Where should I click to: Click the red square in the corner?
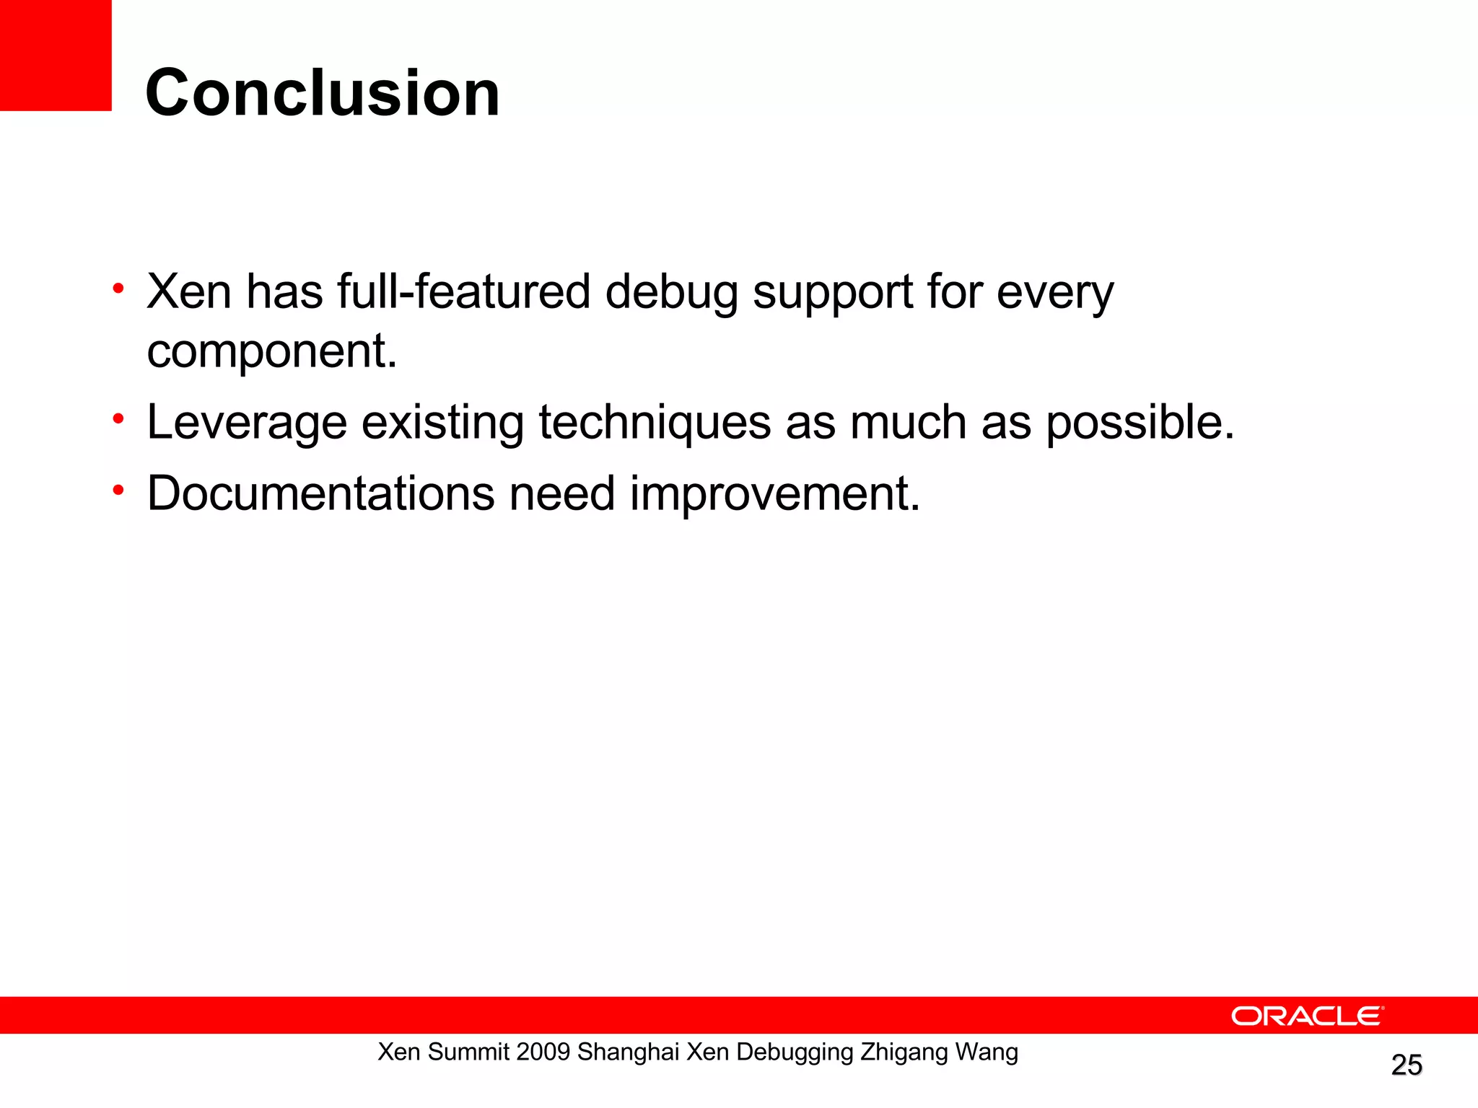[56, 55]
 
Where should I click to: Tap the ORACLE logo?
[1307, 1016]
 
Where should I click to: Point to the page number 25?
[1406, 1065]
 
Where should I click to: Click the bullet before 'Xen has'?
[118, 289]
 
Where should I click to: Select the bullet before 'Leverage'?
[118, 419]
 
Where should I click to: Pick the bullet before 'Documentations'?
[118, 491]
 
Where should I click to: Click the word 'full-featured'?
[463, 291]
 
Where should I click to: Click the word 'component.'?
[272, 351]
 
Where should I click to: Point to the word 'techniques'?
[655, 423]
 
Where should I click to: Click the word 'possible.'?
[1140, 423]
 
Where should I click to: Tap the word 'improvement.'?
[775, 495]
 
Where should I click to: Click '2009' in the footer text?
[543, 1052]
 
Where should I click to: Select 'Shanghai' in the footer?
[628, 1052]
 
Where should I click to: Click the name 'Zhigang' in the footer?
[904, 1052]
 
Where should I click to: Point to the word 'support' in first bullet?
[833, 293]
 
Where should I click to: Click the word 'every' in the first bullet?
[1055, 293]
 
